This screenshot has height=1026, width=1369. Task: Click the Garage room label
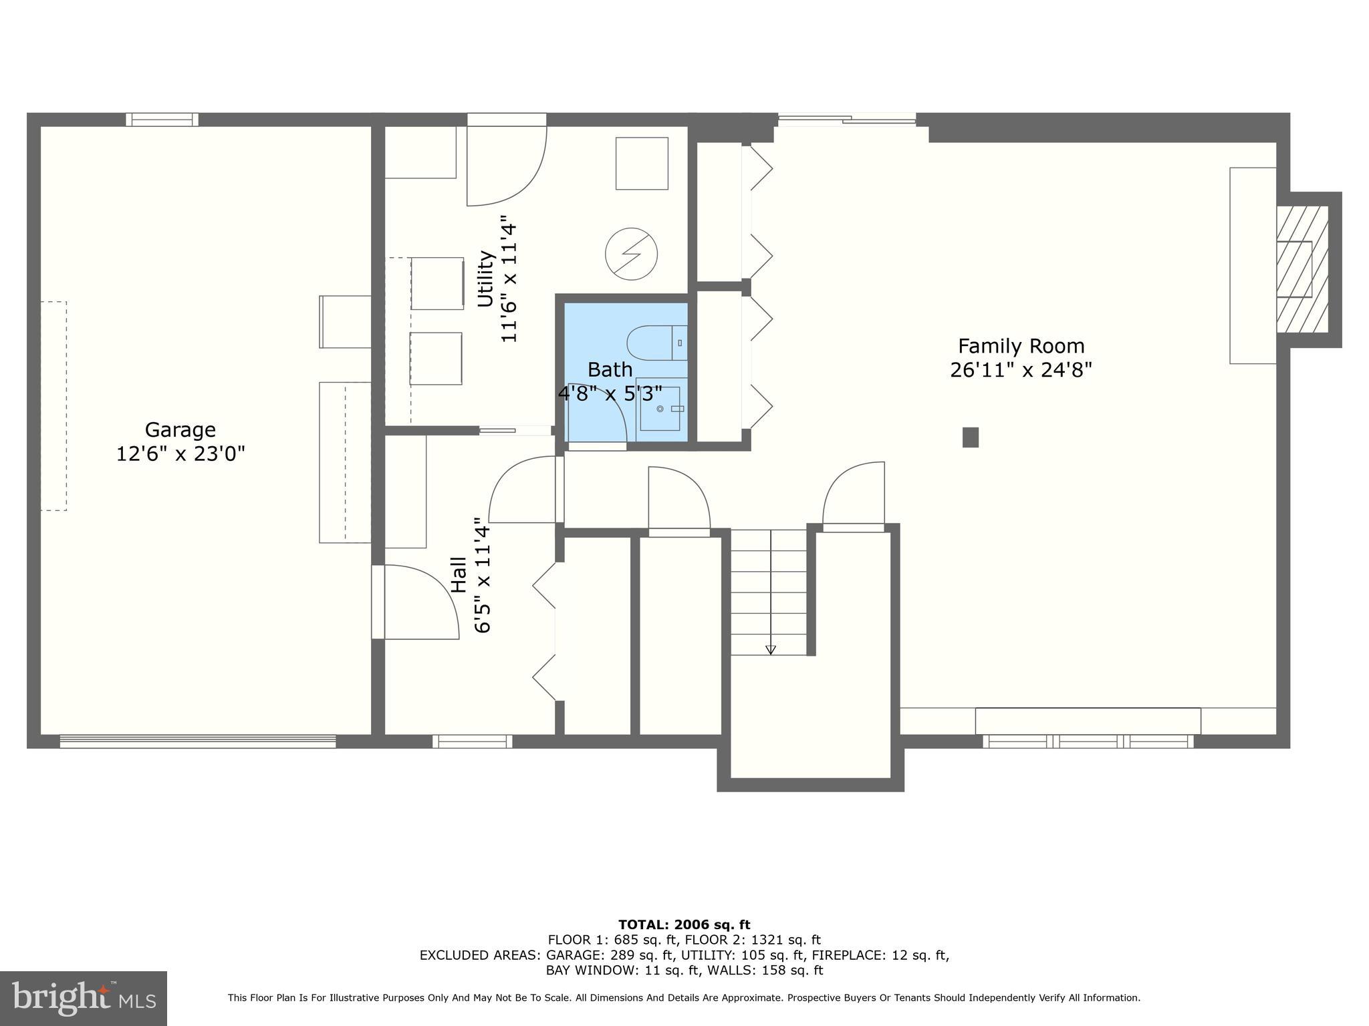[180, 430]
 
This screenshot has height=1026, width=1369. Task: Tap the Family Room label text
[1021, 346]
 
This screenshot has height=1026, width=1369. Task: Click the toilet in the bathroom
[656, 343]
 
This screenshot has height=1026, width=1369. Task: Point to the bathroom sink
[659, 408]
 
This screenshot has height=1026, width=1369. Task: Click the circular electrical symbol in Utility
[631, 254]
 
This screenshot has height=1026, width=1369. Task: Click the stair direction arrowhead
[770, 649]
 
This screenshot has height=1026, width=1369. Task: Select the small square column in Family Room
[970, 438]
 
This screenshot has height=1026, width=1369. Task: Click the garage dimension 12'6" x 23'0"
[180, 454]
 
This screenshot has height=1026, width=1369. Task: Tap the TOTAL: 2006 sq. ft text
[684, 925]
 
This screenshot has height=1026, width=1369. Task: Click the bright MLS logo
[84, 998]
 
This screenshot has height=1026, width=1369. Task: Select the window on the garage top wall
[162, 120]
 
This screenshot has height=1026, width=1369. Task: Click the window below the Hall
[472, 741]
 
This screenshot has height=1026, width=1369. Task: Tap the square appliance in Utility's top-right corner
[642, 164]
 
